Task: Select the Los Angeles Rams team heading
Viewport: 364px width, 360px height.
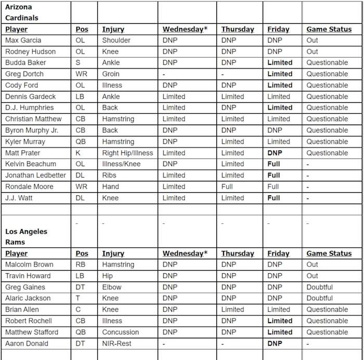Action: [x=26, y=236]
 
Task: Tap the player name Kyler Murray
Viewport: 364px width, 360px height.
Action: [x=25, y=141]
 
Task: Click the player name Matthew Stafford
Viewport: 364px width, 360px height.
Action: [x=32, y=332]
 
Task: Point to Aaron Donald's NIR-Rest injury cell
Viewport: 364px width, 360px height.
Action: [x=117, y=343]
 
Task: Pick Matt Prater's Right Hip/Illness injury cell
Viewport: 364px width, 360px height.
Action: [x=127, y=153]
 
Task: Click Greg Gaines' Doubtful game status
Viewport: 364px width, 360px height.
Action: [x=319, y=287]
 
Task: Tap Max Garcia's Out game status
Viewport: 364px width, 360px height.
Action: [x=312, y=40]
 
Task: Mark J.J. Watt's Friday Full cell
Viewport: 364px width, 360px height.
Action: [x=274, y=198]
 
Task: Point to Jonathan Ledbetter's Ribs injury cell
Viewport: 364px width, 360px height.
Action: [x=109, y=175]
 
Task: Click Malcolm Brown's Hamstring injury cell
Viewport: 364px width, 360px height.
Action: [x=118, y=264]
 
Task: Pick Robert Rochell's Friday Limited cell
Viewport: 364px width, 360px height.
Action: [x=280, y=321]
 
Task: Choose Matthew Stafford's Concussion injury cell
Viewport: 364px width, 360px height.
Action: [x=120, y=332]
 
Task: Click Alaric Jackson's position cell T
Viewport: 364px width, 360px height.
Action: [x=77, y=298]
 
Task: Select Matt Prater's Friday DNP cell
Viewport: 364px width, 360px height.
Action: [x=275, y=153]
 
